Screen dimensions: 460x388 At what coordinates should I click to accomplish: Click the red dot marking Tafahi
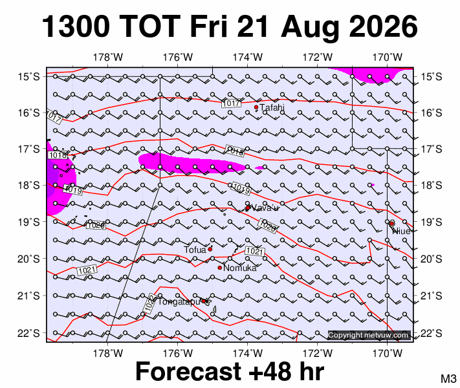pyautogui.click(x=256, y=107)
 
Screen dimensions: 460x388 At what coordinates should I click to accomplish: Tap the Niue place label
pyautogui.click(x=401, y=231)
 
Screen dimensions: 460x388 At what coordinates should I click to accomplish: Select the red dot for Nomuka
pyautogui.click(x=220, y=268)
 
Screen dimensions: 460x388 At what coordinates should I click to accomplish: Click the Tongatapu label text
pyautogui.click(x=179, y=302)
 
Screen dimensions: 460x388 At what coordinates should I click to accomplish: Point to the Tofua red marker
pyautogui.click(x=210, y=249)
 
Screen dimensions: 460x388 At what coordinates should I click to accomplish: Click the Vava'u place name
pyautogui.click(x=265, y=208)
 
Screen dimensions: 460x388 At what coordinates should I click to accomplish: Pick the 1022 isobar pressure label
pyautogui.click(x=150, y=304)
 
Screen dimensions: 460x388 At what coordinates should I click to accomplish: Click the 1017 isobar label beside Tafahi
pyautogui.click(x=232, y=103)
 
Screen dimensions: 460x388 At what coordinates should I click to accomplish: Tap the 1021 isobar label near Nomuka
pyautogui.click(x=255, y=252)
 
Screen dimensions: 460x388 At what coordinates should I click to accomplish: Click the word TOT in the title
pyautogui.click(x=149, y=27)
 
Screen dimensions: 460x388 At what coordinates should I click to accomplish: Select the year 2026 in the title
pyautogui.click(x=384, y=27)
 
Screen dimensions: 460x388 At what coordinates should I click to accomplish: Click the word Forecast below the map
pyautogui.click(x=189, y=371)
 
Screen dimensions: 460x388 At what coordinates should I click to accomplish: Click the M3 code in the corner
pyautogui.click(x=448, y=378)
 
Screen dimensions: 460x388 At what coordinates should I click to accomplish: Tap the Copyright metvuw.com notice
pyautogui.click(x=369, y=335)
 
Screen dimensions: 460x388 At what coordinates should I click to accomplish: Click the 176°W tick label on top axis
pyautogui.click(x=177, y=57)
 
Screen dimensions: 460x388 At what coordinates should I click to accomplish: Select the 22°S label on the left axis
pyautogui.click(x=28, y=333)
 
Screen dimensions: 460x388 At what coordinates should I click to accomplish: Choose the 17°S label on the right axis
pyautogui.click(x=432, y=149)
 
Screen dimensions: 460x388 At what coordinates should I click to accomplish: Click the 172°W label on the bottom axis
pyautogui.click(x=318, y=354)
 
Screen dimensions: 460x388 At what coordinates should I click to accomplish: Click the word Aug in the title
pyautogui.click(x=310, y=28)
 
